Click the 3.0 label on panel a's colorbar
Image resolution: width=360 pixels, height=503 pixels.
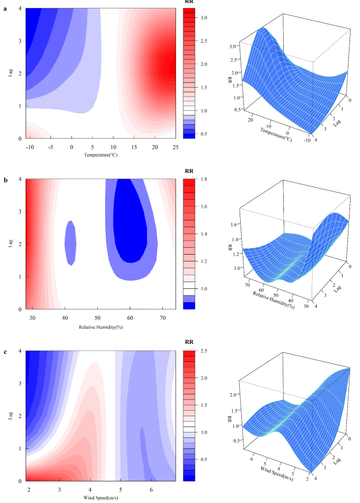point(204,18)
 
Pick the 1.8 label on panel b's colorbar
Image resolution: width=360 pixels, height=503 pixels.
point(204,179)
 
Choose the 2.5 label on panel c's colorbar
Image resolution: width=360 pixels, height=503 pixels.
point(204,350)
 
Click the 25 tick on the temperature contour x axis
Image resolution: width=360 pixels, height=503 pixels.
point(176,147)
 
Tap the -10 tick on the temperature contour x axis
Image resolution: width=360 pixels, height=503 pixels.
point(30,147)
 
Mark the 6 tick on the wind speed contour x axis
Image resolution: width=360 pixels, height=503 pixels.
point(151,488)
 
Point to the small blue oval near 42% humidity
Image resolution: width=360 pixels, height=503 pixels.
point(70,242)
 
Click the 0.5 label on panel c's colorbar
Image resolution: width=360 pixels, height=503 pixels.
point(204,459)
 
